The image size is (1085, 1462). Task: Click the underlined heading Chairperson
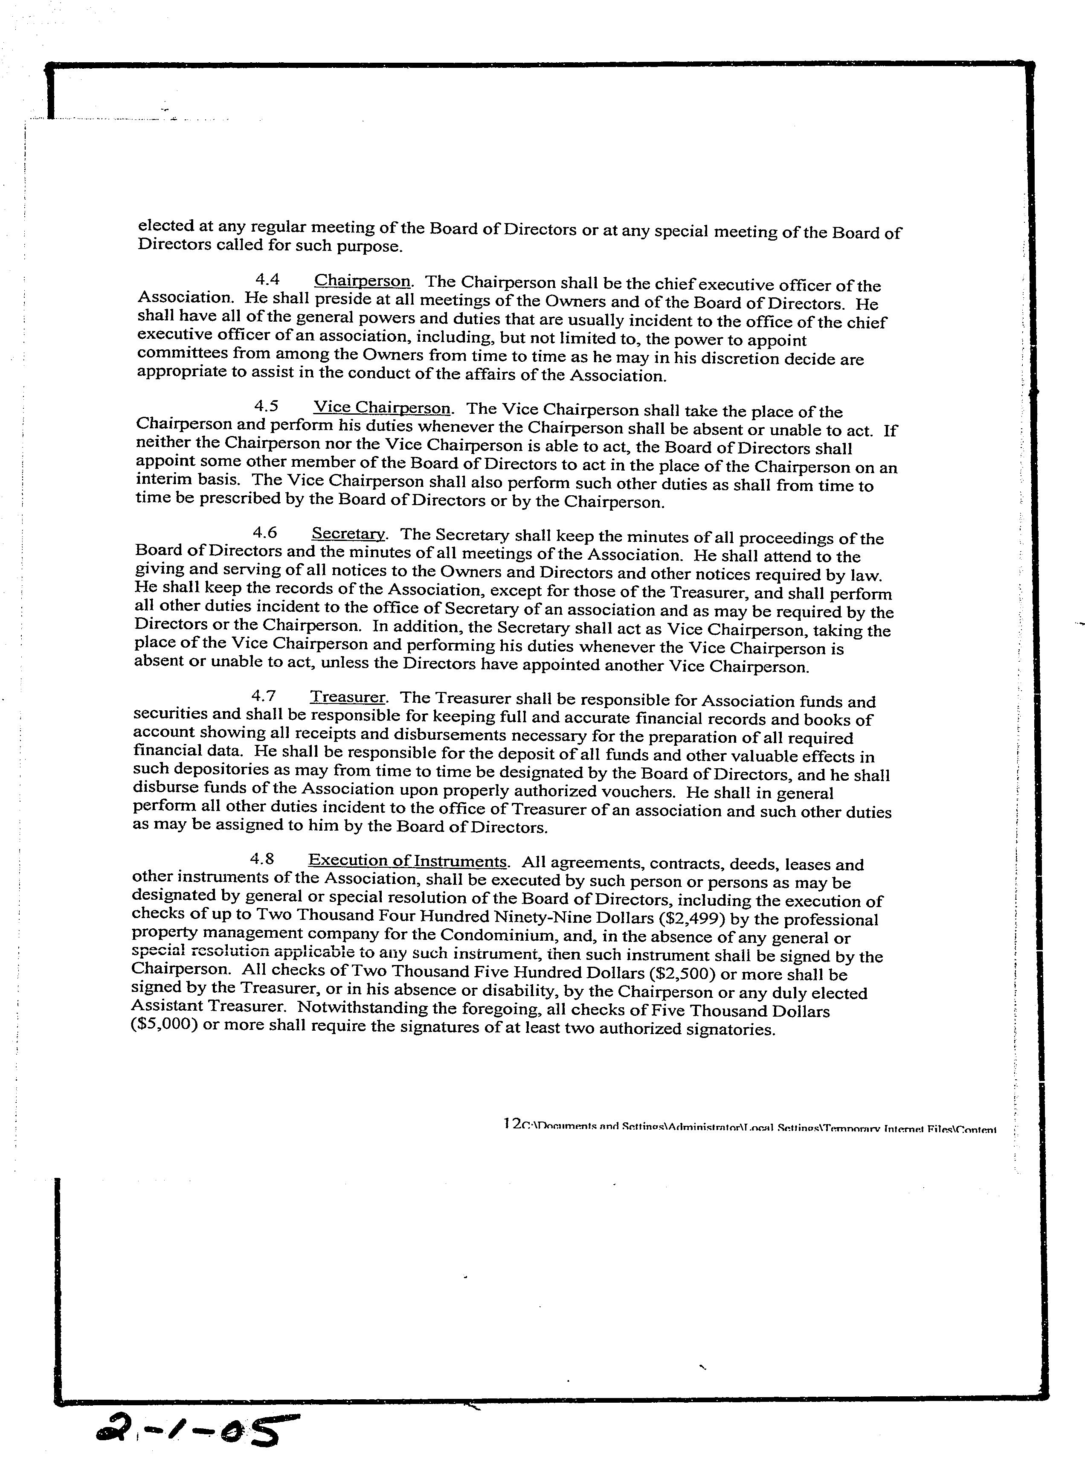363,281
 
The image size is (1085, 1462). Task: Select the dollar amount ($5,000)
164,1026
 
